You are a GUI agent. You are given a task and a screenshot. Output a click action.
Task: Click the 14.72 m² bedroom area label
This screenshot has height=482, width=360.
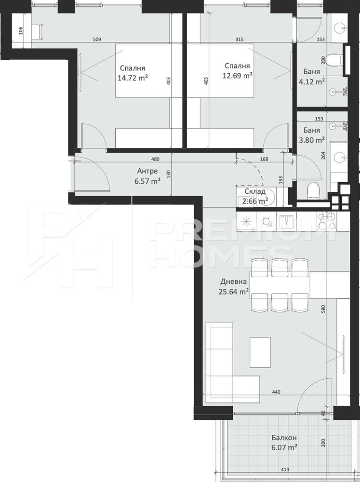pyautogui.click(x=133, y=78)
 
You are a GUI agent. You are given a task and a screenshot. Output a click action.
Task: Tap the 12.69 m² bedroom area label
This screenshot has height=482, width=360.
pyautogui.click(x=238, y=76)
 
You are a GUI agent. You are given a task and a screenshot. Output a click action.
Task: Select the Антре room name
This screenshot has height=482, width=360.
pyautogui.click(x=147, y=171)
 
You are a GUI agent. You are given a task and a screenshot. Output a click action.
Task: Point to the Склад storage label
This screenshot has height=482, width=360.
pyautogui.click(x=255, y=191)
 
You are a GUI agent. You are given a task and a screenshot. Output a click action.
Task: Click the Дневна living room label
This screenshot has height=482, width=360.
pyautogui.click(x=233, y=281)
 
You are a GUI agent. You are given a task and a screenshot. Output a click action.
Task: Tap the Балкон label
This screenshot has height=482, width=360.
pyautogui.click(x=284, y=438)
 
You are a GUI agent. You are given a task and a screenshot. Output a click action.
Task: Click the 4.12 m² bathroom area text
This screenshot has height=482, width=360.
pyautogui.click(x=312, y=82)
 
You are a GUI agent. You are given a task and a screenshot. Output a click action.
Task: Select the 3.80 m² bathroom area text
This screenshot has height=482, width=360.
pyautogui.click(x=312, y=140)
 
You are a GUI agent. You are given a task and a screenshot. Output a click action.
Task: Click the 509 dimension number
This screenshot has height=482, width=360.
pyautogui.click(x=97, y=40)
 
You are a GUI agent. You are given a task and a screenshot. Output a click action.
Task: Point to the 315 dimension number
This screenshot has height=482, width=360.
pyautogui.click(x=240, y=40)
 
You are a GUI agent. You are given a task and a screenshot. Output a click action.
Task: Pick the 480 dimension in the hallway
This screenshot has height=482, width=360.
pyautogui.click(x=156, y=159)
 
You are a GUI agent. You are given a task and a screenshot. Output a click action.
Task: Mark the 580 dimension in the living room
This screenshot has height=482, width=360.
pyautogui.click(x=323, y=309)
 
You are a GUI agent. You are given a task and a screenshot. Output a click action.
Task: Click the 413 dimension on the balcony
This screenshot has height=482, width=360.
pyautogui.click(x=285, y=478)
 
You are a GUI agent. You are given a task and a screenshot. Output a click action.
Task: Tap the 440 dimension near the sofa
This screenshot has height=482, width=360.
pyautogui.click(x=276, y=392)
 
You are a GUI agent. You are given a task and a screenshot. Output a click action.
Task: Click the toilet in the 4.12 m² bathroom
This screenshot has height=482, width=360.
pyautogui.click(x=334, y=60)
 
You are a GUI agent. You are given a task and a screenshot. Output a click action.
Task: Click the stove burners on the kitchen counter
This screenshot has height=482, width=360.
pyautogui.click(x=327, y=222)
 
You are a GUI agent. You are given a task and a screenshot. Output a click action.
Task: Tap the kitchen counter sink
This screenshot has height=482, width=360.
pyautogui.click(x=287, y=220)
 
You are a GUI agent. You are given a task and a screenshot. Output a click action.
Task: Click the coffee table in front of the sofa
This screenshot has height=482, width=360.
pyautogui.click(x=260, y=352)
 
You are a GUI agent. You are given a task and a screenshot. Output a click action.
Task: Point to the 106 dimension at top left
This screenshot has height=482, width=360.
pyautogui.click(x=21, y=30)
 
